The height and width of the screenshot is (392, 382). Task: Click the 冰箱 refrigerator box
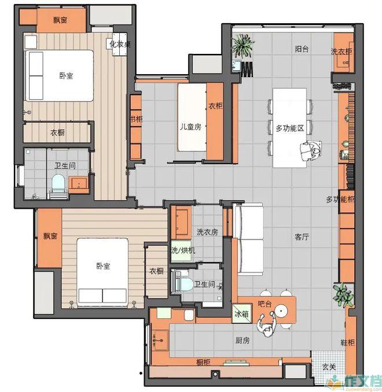click(241, 313)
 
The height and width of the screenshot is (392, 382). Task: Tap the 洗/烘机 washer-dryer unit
click(181, 251)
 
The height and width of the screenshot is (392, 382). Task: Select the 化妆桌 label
click(120, 44)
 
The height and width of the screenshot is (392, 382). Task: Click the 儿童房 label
click(190, 127)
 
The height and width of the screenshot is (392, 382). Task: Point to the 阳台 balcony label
click(302, 49)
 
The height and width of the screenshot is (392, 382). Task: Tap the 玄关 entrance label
click(329, 367)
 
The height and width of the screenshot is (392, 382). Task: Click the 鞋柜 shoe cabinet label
click(348, 343)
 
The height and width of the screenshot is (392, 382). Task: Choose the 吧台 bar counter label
click(265, 304)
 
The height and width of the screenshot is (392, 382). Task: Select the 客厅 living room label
click(302, 237)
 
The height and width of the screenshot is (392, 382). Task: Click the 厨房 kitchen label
click(243, 340)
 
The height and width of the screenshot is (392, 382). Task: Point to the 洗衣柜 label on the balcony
click(341, 51)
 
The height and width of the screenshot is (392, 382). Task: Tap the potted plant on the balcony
click(243, 46)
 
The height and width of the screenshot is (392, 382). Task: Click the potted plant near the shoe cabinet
click(343, 295)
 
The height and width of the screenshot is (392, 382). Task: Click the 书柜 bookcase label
click(136, 119)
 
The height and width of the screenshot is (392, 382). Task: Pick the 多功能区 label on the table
click(289, 128)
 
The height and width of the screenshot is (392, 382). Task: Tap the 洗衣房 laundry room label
click(207, 232)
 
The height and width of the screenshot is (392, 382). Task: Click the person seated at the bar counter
click(267, 325)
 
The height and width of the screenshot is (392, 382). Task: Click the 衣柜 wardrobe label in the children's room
click(215, 106)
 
